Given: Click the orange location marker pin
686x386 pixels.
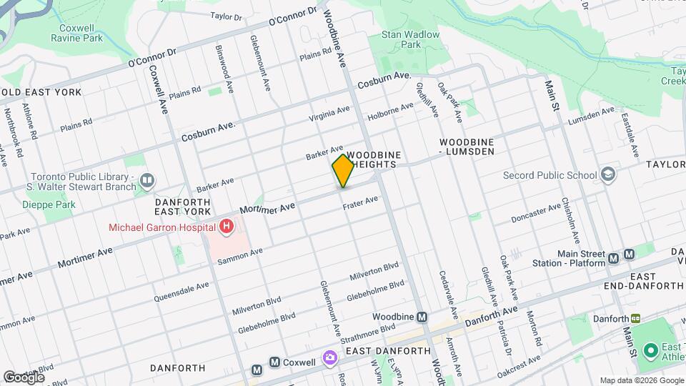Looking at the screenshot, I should tap(343, 171).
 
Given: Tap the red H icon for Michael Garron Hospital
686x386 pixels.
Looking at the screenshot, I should tap(227, 227).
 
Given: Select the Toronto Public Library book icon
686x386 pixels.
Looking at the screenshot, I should tap(147, 179).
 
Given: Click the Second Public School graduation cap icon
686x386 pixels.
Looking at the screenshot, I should tap(607, 174).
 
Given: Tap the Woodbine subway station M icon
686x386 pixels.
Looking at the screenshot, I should tap(422, 317).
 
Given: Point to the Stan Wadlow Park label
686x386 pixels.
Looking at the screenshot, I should tap(410, 39).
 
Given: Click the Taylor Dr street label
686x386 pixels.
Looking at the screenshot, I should tap(227, 16).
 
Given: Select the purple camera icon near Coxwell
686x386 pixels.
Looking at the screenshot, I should tap(329, 357).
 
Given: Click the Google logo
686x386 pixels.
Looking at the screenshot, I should tap(24, 377).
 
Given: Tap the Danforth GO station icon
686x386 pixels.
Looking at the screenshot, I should tap(635, 319).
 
